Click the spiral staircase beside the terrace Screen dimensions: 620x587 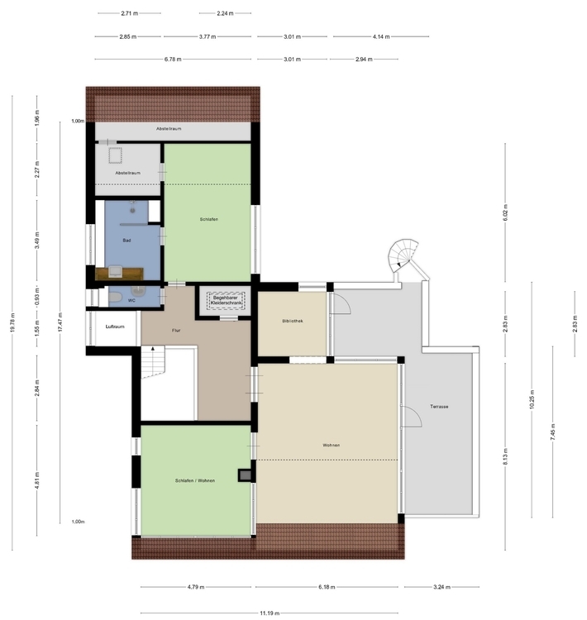[406, 258]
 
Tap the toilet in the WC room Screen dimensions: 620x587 [118, 297]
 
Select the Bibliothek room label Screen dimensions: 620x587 [293, 321]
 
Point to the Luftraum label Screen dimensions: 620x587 [114, 327]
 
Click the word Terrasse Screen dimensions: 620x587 [438, 406]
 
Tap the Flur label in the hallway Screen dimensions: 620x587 [176, 331]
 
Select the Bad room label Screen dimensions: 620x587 [126, 241]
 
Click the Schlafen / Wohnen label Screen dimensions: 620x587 [194, 479]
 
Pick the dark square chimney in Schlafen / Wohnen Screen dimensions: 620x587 [244, 475]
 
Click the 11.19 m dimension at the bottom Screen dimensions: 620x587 [269, 613]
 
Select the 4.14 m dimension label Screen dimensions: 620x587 [380, 36]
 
